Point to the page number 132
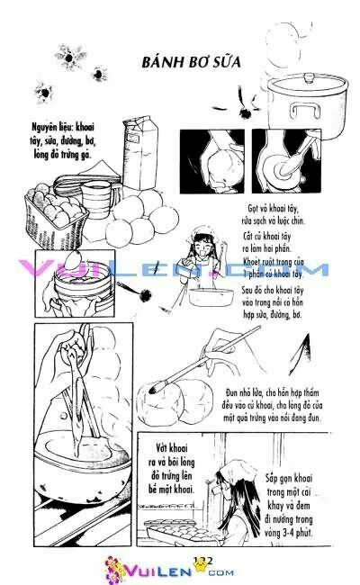(x=202, y=561)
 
